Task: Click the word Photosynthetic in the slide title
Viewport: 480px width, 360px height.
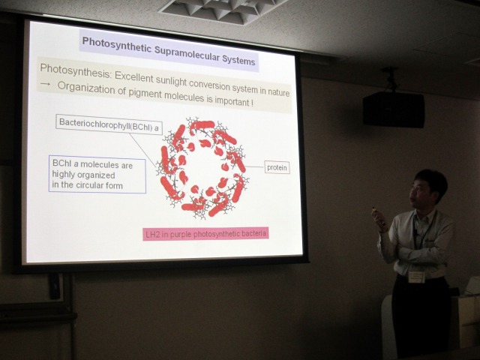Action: pos(117,45)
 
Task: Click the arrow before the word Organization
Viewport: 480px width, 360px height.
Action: pos(45,84)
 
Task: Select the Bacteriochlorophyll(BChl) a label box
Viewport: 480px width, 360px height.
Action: pos(109,124)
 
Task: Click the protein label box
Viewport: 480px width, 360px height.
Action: pos(277,167)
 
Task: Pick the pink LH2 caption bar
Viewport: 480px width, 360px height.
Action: pos(205,234)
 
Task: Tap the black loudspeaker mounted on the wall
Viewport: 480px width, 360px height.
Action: pos(394,109)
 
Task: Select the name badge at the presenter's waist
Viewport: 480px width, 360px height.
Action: pos(416,277)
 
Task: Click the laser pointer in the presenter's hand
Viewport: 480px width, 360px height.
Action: pos(375,211)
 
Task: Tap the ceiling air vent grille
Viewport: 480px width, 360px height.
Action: pos(223,10)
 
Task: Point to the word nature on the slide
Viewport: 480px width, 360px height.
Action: pos(279,92)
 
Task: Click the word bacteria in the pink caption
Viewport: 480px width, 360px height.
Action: pos(254,234)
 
